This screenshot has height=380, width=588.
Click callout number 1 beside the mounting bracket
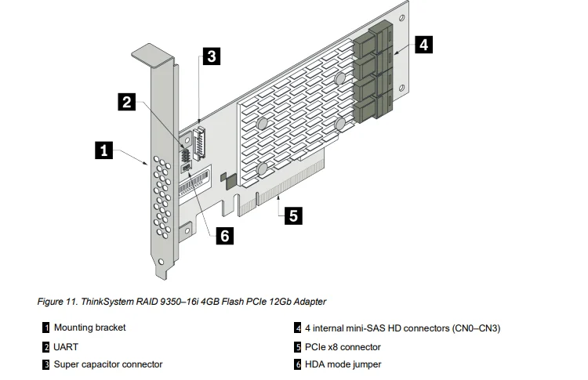103,150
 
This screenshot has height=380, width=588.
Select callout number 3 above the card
210,56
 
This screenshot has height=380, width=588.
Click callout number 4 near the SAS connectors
422,45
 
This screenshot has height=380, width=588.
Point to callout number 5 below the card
292,215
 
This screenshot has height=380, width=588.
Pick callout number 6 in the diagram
225,235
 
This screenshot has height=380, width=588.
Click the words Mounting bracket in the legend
89,328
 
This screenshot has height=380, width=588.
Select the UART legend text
66,346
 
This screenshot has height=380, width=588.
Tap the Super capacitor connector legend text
108,364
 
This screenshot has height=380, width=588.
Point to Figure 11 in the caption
58,301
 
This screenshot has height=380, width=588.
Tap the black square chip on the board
228,180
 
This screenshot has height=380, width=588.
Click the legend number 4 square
298,328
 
